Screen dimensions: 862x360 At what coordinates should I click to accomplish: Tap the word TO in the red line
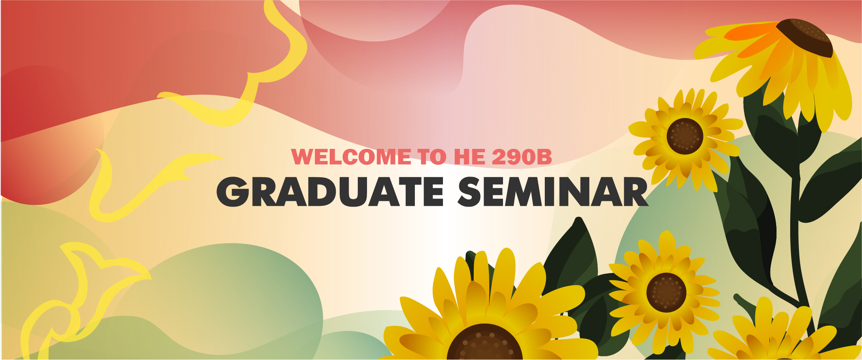pos(432,157)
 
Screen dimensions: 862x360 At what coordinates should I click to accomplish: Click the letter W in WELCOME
pos(304,157)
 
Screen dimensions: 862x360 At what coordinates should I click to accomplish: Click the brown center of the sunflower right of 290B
pos(685,136)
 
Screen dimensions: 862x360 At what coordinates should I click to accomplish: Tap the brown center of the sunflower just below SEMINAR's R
pos(666,293)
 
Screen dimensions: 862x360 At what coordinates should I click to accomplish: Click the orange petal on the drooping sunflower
pos(754,36)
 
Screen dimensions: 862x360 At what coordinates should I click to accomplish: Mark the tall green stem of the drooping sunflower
pos(798,228)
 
